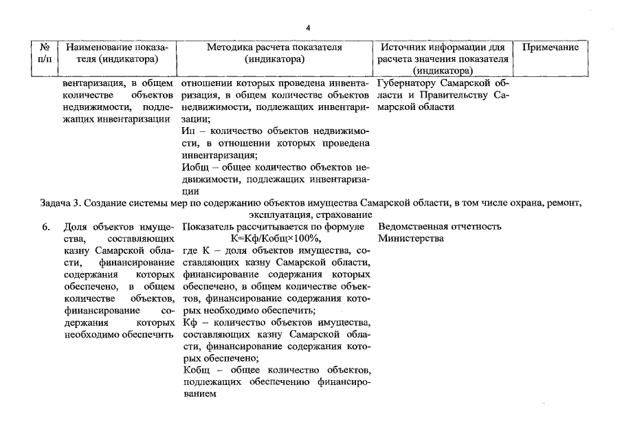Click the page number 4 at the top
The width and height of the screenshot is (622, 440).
[308, 27]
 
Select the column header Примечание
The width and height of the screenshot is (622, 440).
[551, 48]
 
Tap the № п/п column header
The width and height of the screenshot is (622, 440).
[45, 54]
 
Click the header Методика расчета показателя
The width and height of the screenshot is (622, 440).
[274, 48]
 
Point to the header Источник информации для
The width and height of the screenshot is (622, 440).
[442, 48]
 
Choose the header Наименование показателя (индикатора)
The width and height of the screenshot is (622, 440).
[113, 54]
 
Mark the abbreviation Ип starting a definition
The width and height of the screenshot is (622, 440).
[190, 131]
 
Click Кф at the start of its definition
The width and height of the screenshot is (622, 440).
[190, 322]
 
